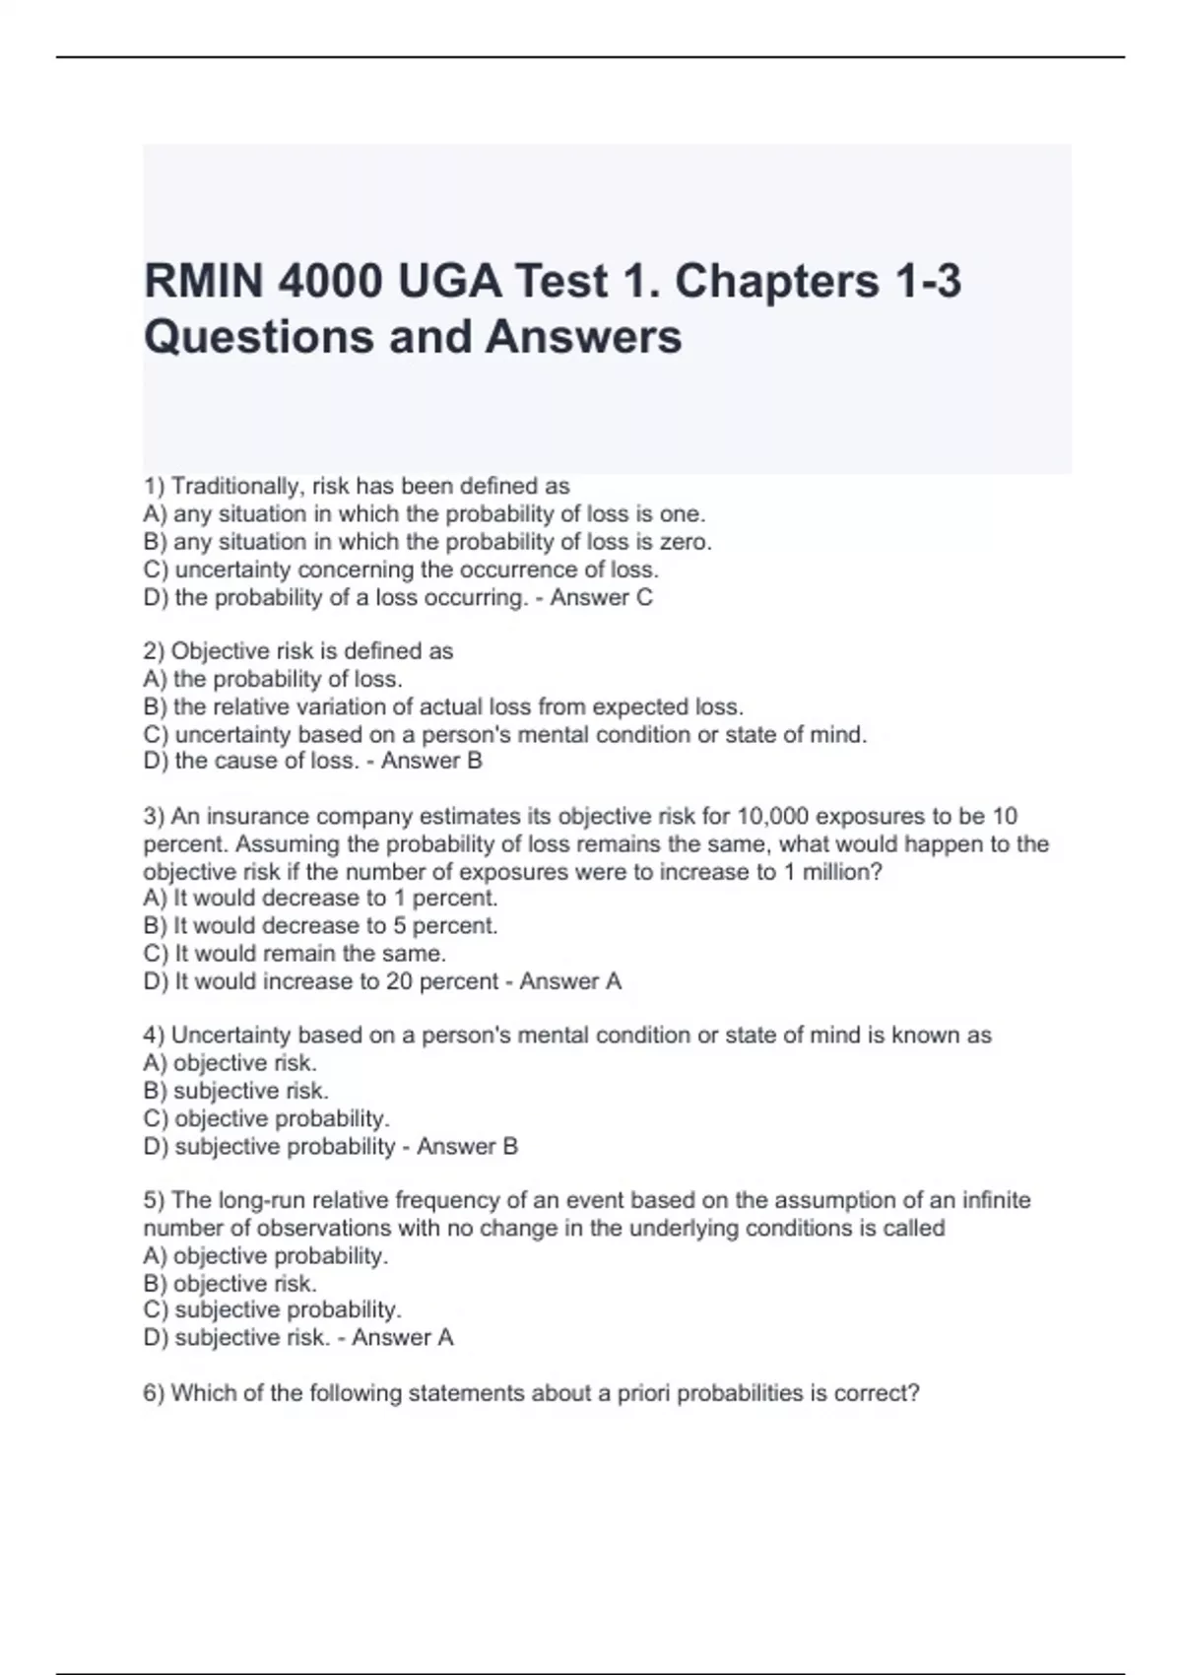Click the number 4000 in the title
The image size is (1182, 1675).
point(330,282)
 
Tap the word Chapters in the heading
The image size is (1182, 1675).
point(776,282)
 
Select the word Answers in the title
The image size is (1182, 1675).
point(583,337)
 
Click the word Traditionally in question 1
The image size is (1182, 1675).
point(236,486)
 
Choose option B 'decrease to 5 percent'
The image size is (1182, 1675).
point(335,926)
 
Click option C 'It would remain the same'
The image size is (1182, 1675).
point(309,954)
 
